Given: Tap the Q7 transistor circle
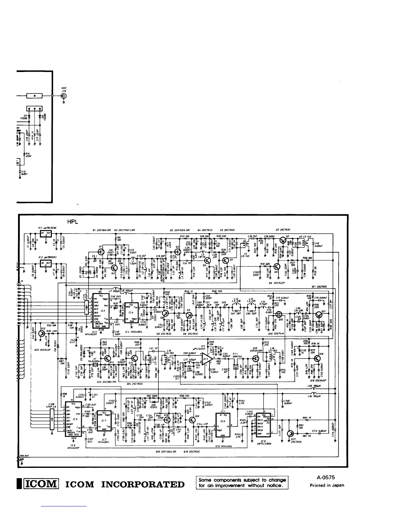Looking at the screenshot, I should point(283,240).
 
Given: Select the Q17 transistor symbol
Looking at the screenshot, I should point(292,433).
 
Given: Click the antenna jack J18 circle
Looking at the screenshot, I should point(64,96).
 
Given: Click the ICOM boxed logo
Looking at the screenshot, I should point(41,484).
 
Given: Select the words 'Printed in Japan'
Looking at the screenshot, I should point(327,486).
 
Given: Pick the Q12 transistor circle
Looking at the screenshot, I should point(41,333).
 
